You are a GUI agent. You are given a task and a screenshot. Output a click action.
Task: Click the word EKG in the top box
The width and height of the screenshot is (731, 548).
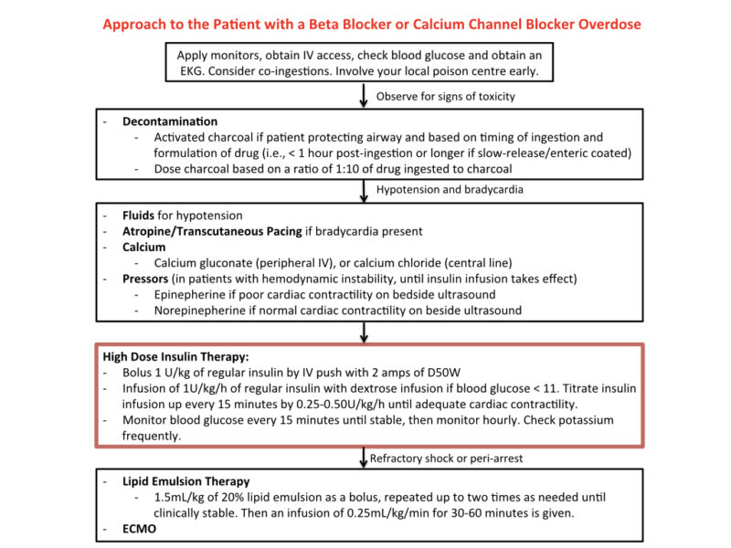(190, 71)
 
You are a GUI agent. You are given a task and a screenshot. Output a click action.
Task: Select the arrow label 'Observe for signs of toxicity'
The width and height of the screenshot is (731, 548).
(445, 97)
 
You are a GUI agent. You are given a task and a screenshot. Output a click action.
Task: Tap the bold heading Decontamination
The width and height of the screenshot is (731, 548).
(170, 121)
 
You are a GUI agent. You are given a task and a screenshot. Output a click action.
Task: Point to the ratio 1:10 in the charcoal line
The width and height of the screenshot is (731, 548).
(347, 169)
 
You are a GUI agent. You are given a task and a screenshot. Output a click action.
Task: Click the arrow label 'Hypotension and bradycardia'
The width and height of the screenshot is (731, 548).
(450, 190)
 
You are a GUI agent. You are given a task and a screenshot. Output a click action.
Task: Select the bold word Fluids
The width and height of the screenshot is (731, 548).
(138, 216)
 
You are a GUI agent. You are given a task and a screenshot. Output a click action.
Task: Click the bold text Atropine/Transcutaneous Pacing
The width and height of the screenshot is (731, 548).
(212, 232)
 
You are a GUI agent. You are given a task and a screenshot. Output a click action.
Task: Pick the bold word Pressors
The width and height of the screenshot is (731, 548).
(145, 279)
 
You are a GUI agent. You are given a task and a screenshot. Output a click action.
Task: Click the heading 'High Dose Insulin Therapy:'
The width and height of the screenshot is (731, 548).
(175, 357)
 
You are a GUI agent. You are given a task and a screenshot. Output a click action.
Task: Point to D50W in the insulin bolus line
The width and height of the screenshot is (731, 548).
(443, 373)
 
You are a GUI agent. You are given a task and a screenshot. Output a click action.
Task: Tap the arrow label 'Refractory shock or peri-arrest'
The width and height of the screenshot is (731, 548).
(446, 458)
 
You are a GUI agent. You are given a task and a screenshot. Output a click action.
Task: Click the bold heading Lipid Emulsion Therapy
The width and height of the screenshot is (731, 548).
(186, 481)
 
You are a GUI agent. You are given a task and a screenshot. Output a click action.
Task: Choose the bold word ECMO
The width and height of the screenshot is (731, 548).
(139, 529)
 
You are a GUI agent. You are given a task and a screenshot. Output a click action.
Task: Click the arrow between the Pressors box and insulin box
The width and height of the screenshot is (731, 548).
(364, 332)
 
